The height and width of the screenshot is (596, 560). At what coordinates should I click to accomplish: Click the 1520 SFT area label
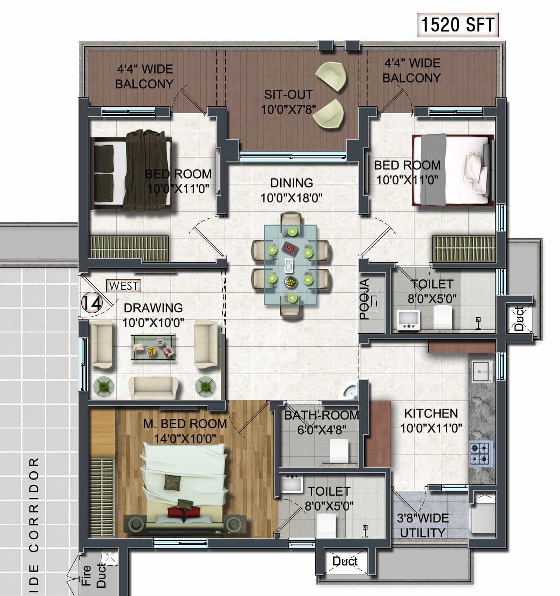click(457, 25)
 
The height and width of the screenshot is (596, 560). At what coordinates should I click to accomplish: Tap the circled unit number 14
click(91, 303)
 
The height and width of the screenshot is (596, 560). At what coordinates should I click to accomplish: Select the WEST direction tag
click(124, 286)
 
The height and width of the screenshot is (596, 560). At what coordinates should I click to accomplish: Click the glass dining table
click(290, 264)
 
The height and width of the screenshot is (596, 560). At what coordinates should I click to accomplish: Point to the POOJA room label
click(365, 299)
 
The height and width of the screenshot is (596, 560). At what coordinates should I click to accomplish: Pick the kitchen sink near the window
click(483, 371)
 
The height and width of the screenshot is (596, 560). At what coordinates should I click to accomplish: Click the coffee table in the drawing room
click(153, 347)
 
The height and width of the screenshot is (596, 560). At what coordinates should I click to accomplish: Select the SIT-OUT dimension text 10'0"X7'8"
click(288, 110)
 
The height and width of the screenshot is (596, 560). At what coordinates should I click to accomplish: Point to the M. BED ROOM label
click(185, 424)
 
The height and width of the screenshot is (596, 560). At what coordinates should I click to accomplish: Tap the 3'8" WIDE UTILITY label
click(422, 525)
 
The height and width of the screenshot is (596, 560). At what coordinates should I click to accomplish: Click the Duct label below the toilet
click(345, 561)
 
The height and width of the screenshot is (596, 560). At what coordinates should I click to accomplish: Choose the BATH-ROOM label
click(321, 415)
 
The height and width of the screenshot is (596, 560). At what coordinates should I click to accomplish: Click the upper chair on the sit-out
click(331, 75)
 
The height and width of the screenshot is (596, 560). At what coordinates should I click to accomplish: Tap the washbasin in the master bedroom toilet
click(291, 484)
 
